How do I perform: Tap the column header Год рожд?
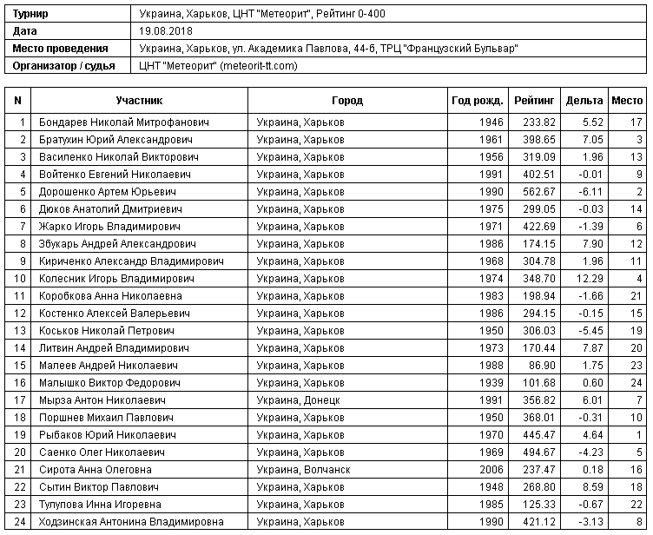477,101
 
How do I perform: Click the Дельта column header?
584,101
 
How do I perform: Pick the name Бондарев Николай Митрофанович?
124,122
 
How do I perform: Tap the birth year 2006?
491,470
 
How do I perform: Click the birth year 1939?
491,383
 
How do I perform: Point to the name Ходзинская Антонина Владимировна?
131,522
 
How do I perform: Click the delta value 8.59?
593,487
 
